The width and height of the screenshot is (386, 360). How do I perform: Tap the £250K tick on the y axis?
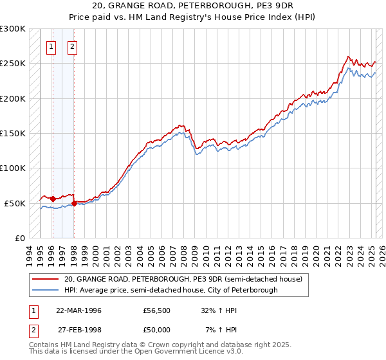point(13,64)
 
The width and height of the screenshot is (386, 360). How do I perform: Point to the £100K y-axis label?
point(13,168)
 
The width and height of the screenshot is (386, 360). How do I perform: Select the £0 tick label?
point(19,238)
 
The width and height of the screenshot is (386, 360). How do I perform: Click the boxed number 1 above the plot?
point(51,46)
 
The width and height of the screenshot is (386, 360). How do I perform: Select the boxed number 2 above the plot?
point(72,46)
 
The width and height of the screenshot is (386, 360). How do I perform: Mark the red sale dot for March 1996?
point(53,199)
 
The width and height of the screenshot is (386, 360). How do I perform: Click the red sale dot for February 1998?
point(74,203)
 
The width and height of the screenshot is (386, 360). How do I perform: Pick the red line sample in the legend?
point(46,279)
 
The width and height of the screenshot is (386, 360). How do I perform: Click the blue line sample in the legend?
point(46,290)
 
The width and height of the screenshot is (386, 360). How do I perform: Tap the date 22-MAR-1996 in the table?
point(78,310)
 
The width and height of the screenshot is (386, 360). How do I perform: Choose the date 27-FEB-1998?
point(78,329)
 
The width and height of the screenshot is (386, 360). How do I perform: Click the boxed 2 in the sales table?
point(33,329)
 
